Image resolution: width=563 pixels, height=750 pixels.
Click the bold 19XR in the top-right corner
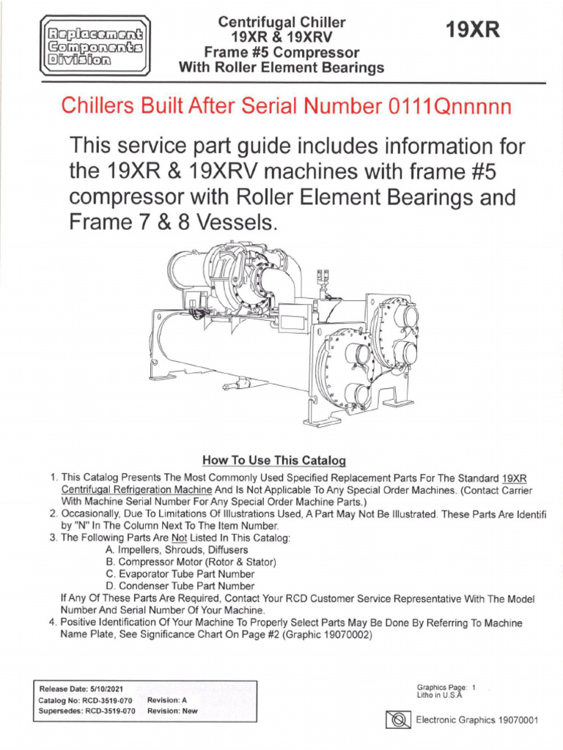point(472,30)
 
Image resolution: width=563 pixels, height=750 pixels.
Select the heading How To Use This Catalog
point(273,461)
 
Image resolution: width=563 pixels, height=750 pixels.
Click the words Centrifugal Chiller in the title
point(282,23)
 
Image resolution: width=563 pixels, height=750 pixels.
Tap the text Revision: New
point(172,710)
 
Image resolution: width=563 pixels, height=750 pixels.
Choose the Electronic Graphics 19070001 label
point(477,720)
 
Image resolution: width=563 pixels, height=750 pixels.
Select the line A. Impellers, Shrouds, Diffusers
point(177,549)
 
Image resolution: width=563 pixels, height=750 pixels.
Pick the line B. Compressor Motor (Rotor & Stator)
point(191,562)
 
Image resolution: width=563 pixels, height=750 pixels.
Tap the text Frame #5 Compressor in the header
point(282,53)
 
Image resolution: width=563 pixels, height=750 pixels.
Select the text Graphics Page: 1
point(446,687)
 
